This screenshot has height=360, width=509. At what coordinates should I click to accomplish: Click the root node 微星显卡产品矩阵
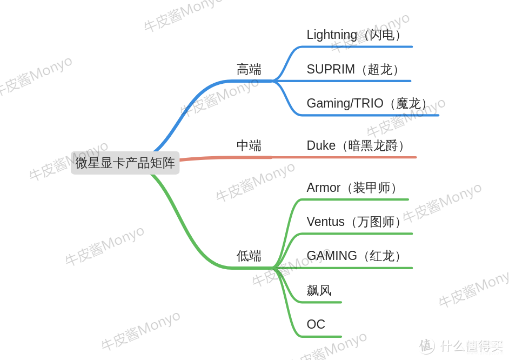point(125,163)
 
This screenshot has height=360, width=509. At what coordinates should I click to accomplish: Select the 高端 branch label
point(249,70)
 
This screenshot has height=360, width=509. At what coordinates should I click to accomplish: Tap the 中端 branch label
point(249,145)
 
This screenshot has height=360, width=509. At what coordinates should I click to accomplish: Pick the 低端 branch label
point(249,256)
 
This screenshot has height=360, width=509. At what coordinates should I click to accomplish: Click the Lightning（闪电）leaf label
point(353,35)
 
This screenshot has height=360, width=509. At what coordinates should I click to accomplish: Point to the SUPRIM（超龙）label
point(352,69)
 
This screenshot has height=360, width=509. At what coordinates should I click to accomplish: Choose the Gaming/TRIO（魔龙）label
point(366,104)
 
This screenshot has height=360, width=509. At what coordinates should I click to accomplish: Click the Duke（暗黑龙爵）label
point(355,145)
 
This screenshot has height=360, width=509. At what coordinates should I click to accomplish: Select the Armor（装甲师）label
point(352,188)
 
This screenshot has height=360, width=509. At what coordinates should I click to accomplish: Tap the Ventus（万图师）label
point(353,222)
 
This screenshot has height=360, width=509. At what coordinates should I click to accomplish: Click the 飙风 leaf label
point(319,290)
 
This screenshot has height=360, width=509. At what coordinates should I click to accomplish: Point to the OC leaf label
point(316,324)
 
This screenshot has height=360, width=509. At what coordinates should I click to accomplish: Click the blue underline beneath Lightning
point(357,46)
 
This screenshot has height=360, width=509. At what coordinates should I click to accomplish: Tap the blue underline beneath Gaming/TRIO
point(370,115)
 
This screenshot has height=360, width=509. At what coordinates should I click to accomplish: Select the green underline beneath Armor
point(354,199)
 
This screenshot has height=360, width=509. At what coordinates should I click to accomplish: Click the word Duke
point(321,145)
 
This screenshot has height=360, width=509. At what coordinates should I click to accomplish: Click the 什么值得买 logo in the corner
point(461,346)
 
